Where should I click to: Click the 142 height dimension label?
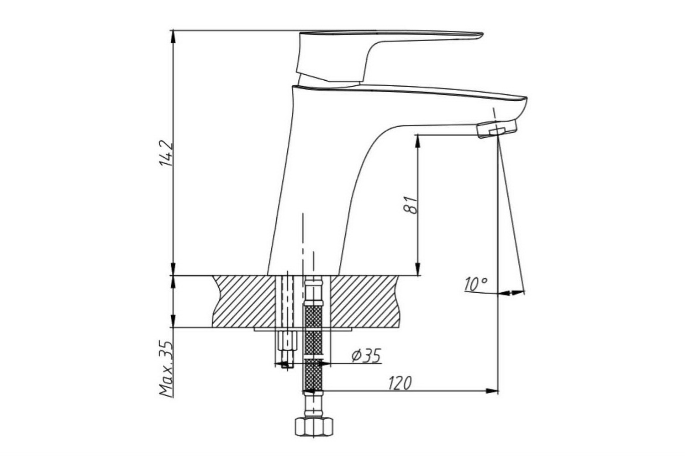(x=167, y=153)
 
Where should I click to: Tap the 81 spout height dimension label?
(x=410, y=205)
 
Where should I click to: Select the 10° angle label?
(x=475, y=285)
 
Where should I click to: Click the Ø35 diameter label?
(x=366, y=356)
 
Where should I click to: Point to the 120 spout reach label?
(x=400, y=383)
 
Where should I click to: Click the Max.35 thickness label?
(x=166, y=369)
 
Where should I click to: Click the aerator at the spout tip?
(x=497, y=129)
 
